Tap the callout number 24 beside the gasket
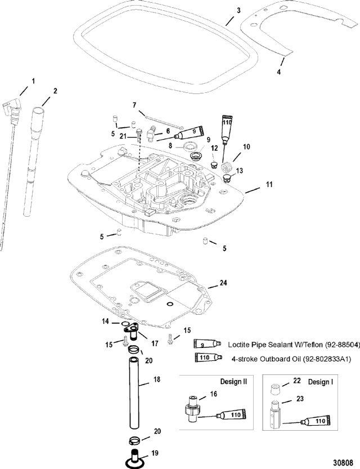pos(223,283)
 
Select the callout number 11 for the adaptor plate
pos(269,185)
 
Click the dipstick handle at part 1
pos(14,111)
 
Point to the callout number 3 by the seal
pos(238,11)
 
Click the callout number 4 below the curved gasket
pos(279,72)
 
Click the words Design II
pos(233,382)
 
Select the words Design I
pos(321,382)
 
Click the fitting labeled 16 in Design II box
pos(192,409)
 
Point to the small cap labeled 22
pos(276,390)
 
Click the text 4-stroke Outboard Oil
pos(265,359)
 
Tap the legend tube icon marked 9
pos(207,344)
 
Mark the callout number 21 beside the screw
pos(123,137)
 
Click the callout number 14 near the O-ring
pos(105,321)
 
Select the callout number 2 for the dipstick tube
pos(55,91)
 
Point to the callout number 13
pos(240,171)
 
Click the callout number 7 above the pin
pos(134,105)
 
